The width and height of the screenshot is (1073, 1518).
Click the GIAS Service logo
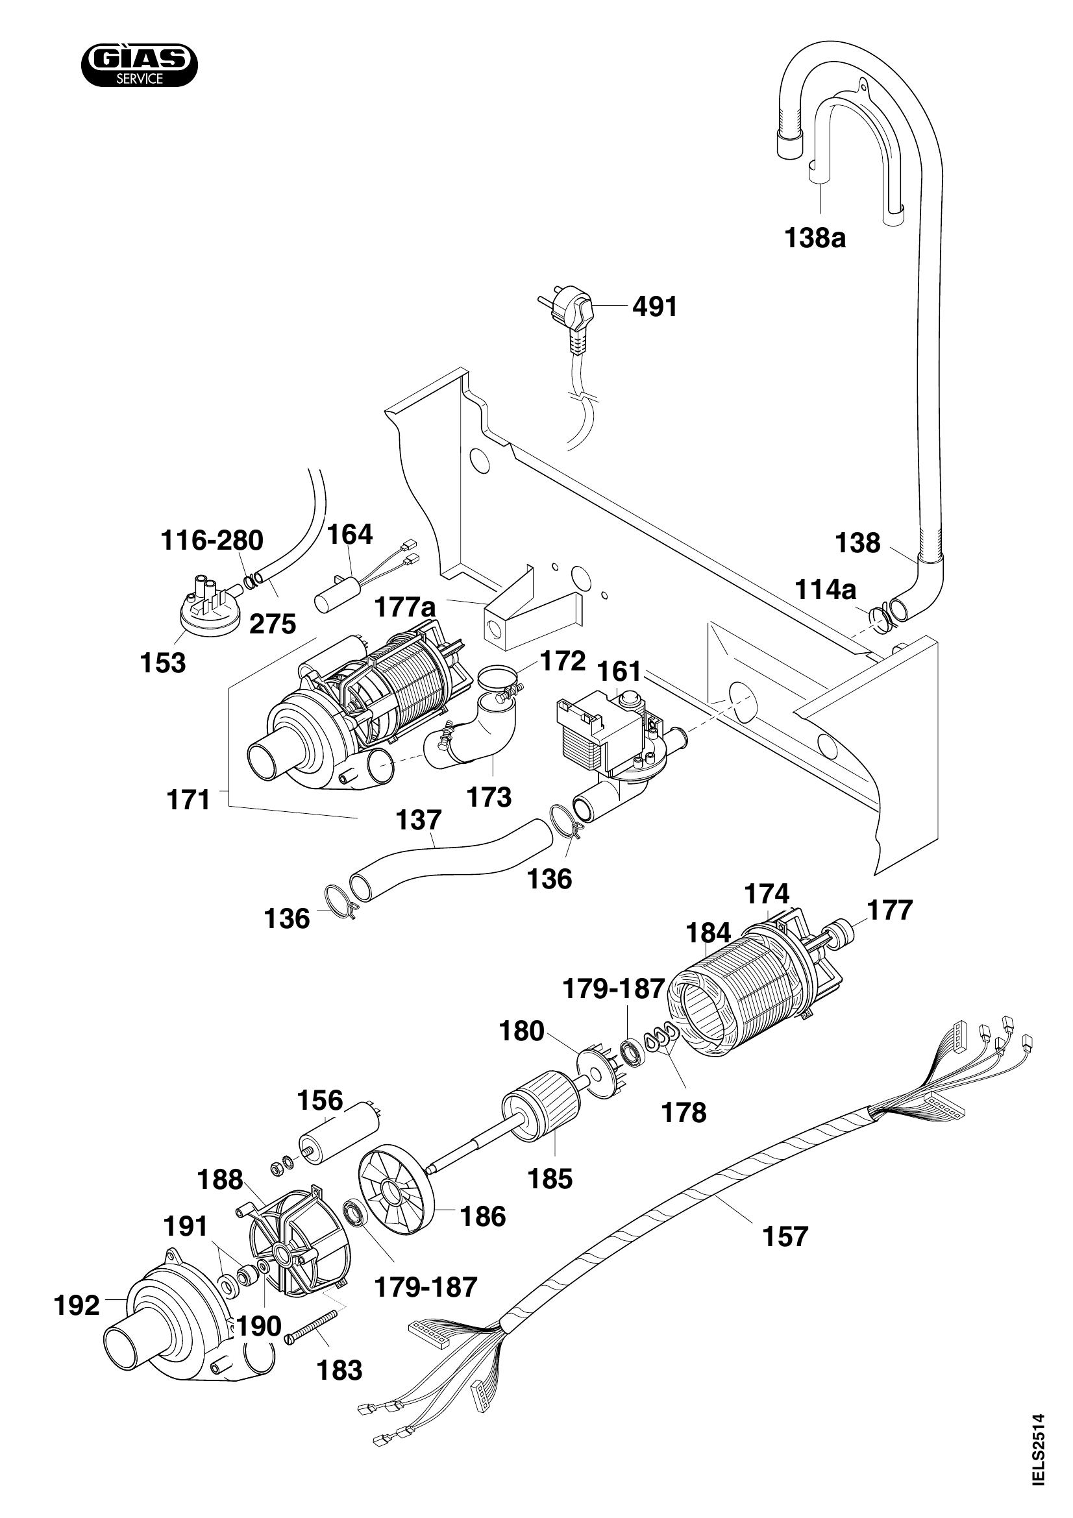(x=139, y=67)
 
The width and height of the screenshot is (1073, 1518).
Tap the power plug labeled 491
(x=571, y=313)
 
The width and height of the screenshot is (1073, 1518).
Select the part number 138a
(x=815, y=238)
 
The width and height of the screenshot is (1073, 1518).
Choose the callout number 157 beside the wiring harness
(x=785, y=1236)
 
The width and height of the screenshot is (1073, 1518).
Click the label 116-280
(x=212, y=541)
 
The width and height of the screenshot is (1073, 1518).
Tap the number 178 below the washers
(x=684, y=1113)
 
